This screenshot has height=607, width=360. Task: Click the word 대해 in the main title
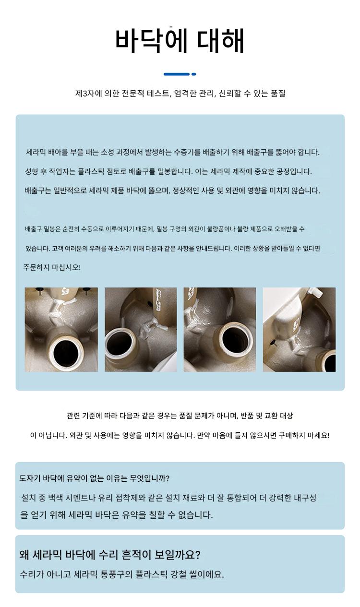(x=220, y=41)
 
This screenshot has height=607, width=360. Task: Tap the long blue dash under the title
(x=177, y=74)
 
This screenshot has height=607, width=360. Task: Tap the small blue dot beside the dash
(x=193, y=74)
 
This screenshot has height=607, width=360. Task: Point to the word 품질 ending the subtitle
(x=278, y=94)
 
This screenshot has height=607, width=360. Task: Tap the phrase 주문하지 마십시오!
(x=52, y=267)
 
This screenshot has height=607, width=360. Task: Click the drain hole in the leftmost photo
(x=65, y=353)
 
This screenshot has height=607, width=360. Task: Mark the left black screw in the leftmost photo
(x=40, y=291)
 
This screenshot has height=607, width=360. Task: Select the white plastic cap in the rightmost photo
(x=315, y=292)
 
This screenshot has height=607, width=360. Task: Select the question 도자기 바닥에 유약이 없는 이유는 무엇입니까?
(x=95, y=478)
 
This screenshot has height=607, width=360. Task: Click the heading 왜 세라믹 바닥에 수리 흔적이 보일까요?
(x=110, y=555)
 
